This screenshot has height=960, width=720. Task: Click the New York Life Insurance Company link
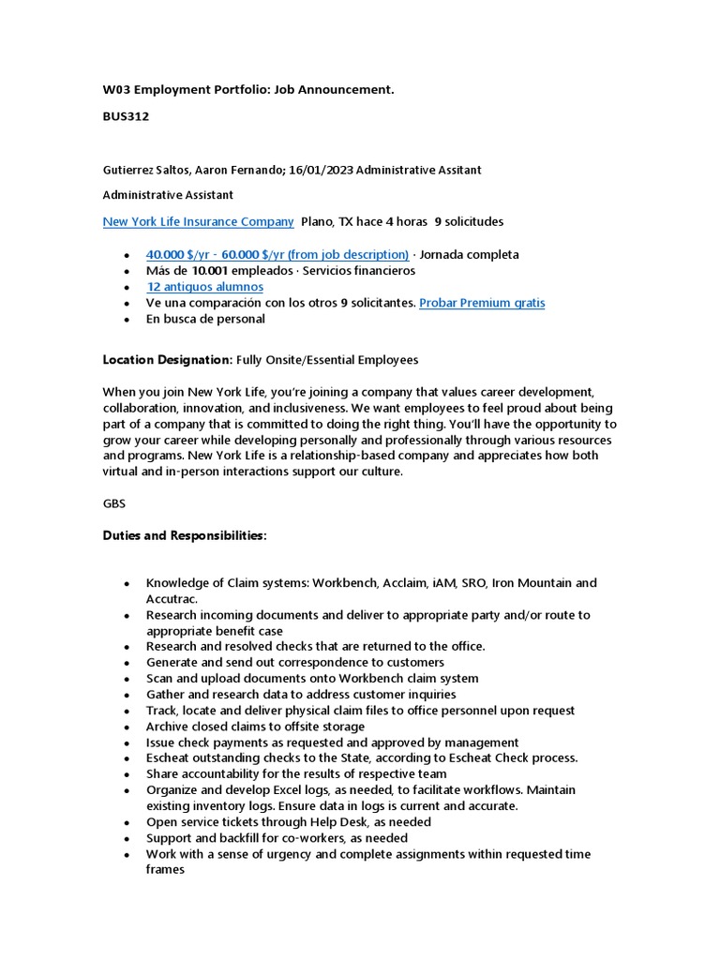198,222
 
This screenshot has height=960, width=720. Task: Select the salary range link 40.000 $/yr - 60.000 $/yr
277,255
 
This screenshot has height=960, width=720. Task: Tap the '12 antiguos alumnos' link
204,287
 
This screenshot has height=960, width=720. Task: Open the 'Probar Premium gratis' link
482,303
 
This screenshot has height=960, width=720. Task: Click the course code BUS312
126,117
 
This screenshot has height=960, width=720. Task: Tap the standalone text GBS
114,503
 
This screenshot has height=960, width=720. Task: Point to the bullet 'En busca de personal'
205,319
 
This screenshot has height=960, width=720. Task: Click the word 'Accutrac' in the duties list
171,598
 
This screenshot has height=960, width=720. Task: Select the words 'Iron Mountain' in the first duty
532,583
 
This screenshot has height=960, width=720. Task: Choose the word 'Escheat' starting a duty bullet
170,757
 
